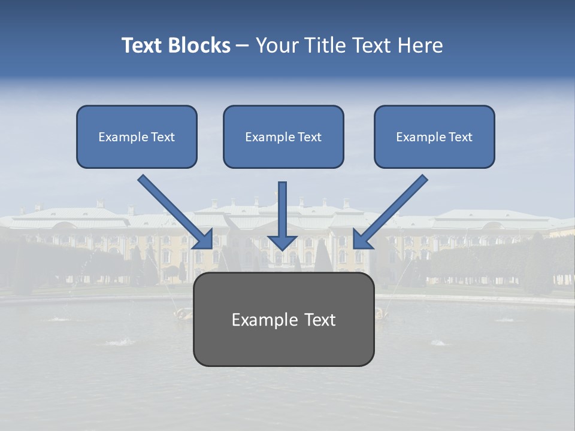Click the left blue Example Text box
click(137, 136)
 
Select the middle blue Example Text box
click(283, 136)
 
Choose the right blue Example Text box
click(434, 136)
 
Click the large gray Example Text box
click(283, 319)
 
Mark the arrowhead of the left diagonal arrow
click(204, 239)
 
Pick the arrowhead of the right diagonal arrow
click(362, 239)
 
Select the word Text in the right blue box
click(460, 137)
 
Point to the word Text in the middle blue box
click(309, 137)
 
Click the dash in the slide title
click(243, 45)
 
